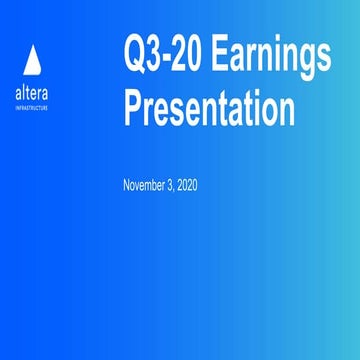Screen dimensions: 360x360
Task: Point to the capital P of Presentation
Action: coord(134,106)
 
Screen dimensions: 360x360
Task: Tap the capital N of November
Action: coord(126,186)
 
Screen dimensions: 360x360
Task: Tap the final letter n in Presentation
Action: coord(287,108)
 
